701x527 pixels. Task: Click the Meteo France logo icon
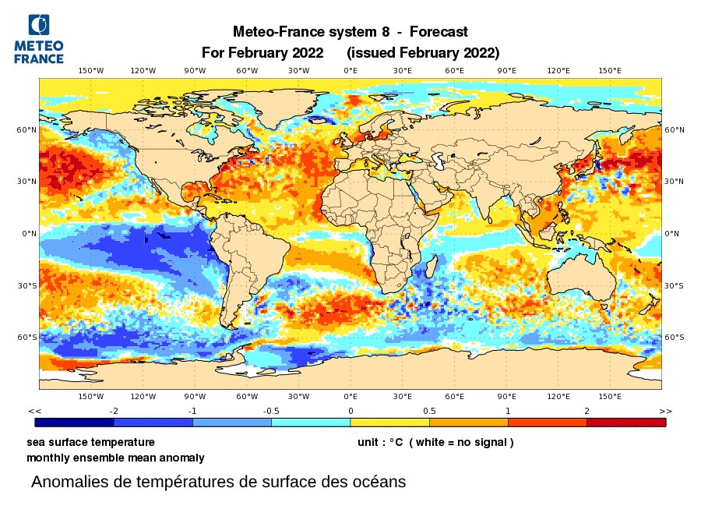(x=37, y=25)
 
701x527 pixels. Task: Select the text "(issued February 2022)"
(x=423, y=53)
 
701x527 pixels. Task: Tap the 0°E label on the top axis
(x=350, y=71)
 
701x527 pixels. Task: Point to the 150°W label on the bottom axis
(x=91, y=396)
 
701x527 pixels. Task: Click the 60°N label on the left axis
(x=26, y=130)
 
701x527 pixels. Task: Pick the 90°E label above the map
(x=506, y=71)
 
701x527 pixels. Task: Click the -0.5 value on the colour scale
(x=271, y=410)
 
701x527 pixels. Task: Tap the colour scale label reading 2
(x=587, y=410)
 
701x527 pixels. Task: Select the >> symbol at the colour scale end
(x=665, y=410)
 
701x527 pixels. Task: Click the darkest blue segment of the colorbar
(x=75, y=423)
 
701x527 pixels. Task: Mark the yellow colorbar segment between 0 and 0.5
(x=389, y=423)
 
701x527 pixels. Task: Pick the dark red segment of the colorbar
(x=625, y=423)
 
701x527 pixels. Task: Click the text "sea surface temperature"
(x=90, y=442)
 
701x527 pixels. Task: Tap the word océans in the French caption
(x=379, y=482)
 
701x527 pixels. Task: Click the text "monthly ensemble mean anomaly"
(x=115, y=458)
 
